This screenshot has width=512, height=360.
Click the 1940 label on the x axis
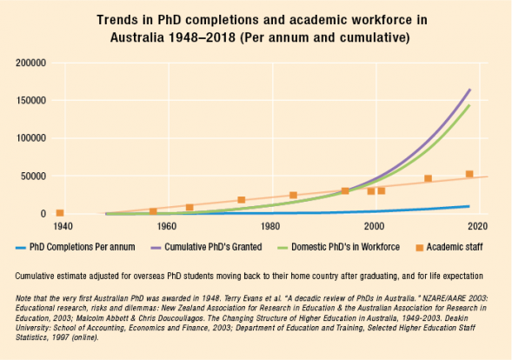(63, 227)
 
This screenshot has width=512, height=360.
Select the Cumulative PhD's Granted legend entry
(212, 247)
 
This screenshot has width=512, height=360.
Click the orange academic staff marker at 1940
(60, 213)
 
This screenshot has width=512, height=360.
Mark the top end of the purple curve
(470, 90)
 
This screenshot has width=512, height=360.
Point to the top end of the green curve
(469, 106)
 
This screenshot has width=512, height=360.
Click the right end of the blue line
(469, 206)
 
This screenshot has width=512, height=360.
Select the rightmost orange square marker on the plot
(469, 175)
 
